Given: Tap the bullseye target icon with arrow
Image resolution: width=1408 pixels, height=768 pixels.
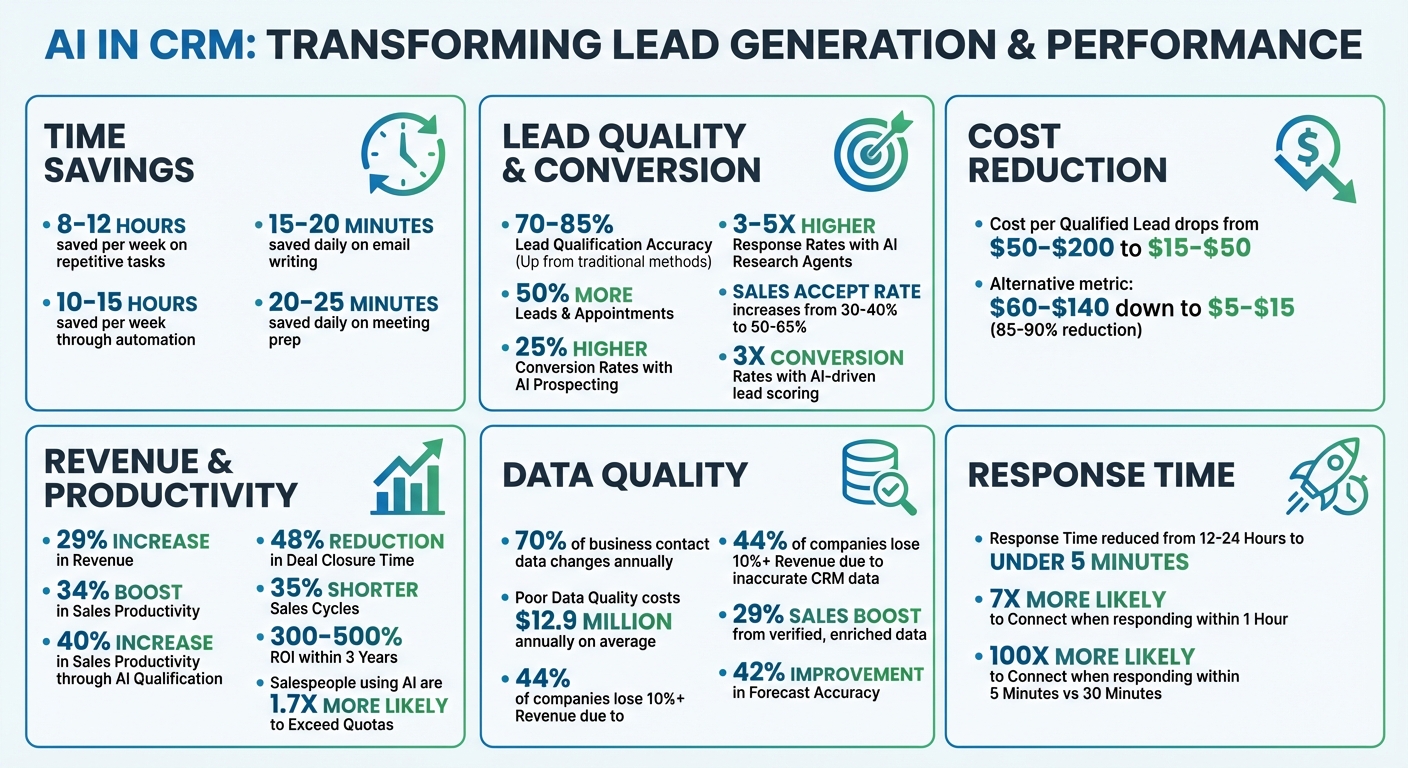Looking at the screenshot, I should coord(873,152).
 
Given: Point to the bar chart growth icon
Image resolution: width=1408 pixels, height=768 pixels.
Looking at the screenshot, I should coord(408,478).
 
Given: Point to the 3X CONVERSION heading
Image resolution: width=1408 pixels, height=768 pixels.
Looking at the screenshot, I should coord(817,357).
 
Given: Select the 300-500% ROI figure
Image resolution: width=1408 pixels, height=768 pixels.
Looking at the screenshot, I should coord(335,637).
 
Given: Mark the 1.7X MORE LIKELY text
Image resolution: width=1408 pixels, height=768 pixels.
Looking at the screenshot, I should coord(359,705).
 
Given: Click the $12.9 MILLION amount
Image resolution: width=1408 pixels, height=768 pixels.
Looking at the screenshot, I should coord(593,621).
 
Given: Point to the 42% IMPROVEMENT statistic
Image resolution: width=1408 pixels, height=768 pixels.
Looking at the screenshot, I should coord(814,673).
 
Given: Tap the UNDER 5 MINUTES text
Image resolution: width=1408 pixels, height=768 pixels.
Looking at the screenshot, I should coord(1089,561).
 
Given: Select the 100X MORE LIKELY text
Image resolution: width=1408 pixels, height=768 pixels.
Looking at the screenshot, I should coord(1092,657).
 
